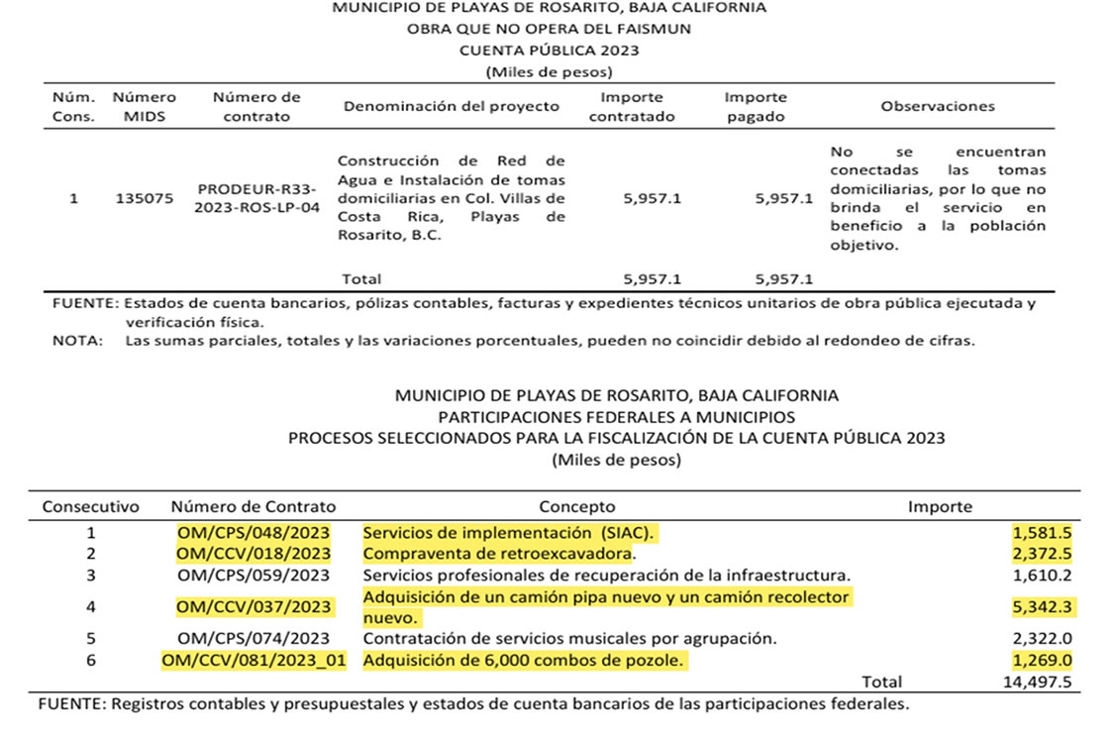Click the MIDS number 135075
144,198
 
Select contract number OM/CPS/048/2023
254,532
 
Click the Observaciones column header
938,106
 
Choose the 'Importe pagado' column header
756,107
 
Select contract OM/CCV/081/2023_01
254,660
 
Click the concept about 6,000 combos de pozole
524,660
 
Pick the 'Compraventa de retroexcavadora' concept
498,553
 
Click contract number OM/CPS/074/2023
254,639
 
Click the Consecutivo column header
90,506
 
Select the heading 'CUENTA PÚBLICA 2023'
550,51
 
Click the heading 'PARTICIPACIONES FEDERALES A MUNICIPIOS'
616,417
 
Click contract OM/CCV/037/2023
254,606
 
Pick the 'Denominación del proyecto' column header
452,106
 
